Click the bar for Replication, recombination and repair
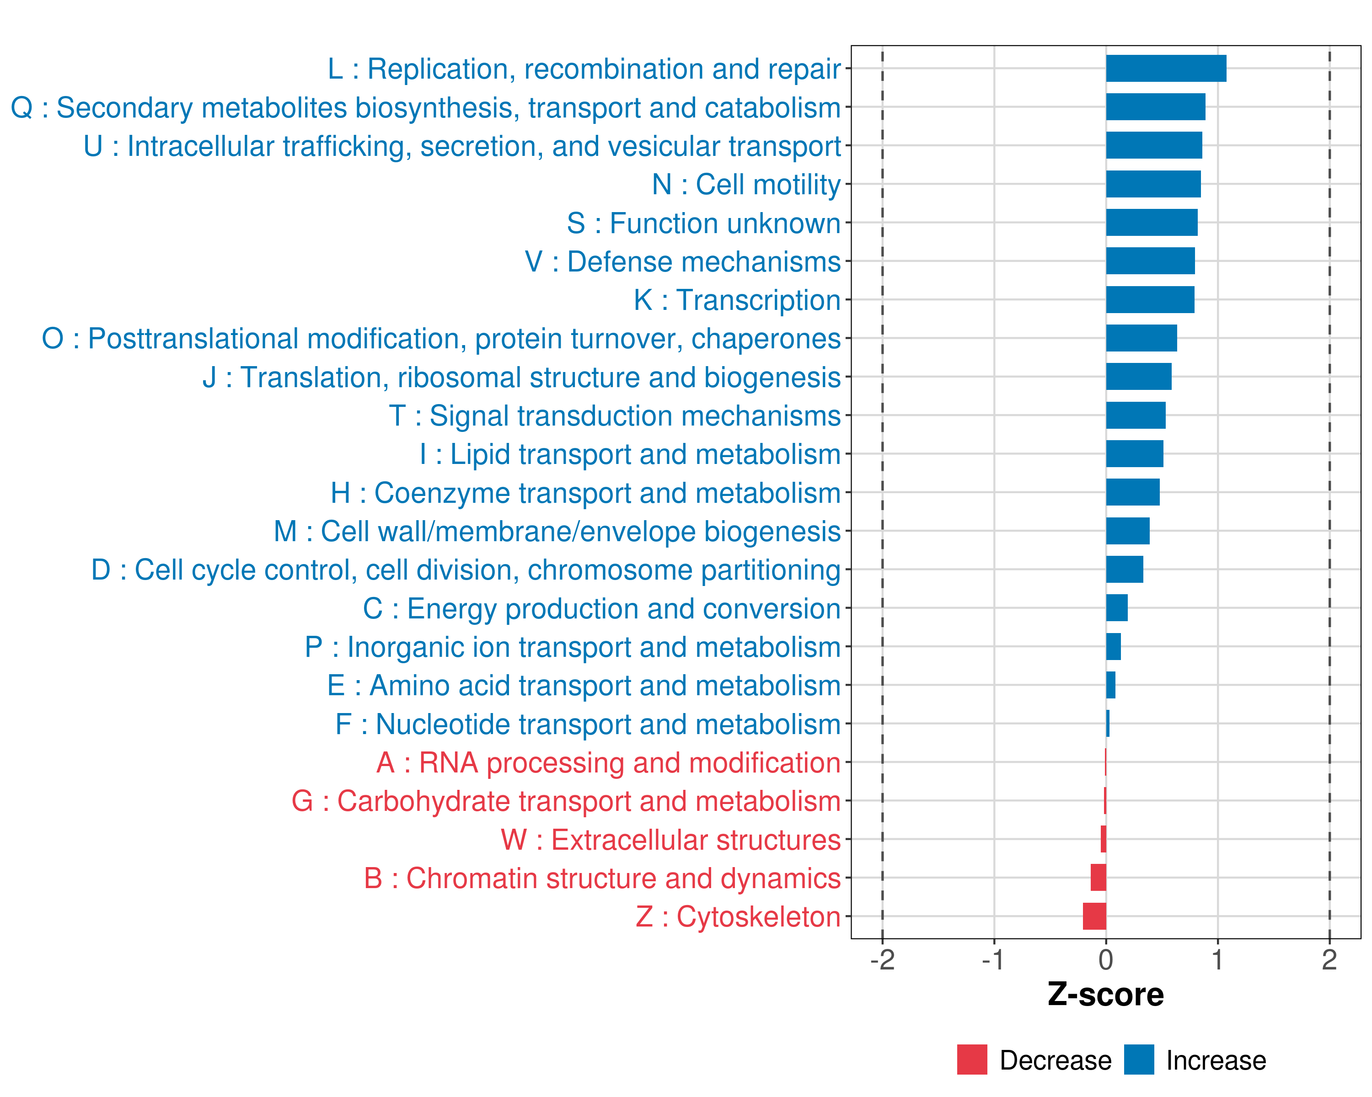coord(1166,69)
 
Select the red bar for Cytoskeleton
coord(1094,916)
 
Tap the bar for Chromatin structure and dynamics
coord(1099,878)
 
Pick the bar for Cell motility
coord(1153,184)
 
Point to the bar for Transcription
coord(1150,299)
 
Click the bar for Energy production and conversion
coord(1117,608)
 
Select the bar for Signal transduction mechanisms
coord(1136,415)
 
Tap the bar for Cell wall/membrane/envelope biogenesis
coord(1128,531)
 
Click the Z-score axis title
coord(1105,995)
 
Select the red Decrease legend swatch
coord(972,1060)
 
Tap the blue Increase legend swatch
coord(1138,1060)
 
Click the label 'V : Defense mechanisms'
coord(682,262)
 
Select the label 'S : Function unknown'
coord(703,223)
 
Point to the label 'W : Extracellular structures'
coord(671,840)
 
